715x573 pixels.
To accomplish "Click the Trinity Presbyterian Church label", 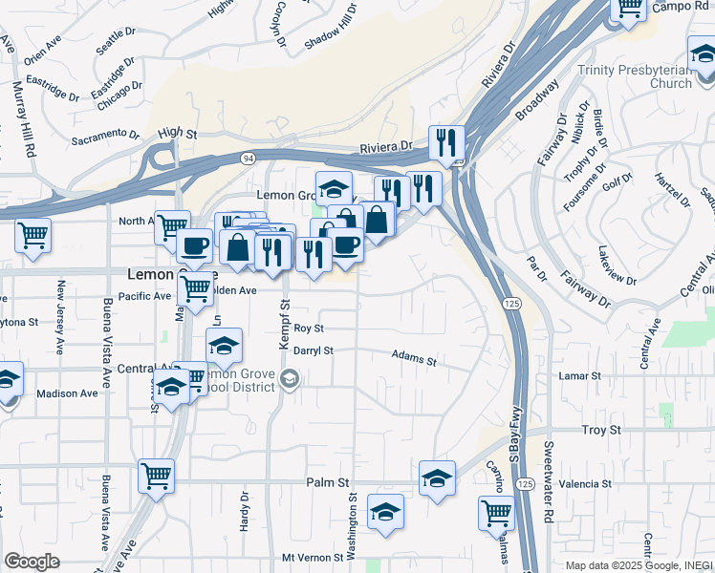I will point(635,76).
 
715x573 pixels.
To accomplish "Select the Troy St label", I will point(601,431).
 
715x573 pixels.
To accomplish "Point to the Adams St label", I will point(413,359).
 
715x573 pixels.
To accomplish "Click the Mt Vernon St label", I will point(312,557).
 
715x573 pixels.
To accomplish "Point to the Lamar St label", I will point(580,376).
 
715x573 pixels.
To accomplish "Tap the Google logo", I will point(32,562).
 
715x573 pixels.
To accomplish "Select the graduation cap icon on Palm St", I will point(437,477).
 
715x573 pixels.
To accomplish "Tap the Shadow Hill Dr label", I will point(331,26).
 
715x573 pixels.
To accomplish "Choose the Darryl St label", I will point(313,350).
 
